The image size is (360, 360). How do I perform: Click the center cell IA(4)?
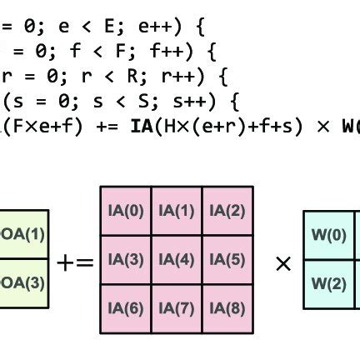[176, 260]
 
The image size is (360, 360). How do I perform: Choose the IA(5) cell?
[227, 260]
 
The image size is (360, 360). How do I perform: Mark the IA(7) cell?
[176, 309]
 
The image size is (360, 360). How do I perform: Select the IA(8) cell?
[227, 309]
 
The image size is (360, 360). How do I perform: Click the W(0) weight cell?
[329, 235]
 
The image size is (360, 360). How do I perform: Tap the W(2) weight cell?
[329, 283]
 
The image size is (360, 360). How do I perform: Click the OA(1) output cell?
[23, 234]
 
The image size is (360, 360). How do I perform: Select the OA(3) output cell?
[23, 282]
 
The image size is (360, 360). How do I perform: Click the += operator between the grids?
[75, 262]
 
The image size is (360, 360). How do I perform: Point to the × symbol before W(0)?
[282, 264]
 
